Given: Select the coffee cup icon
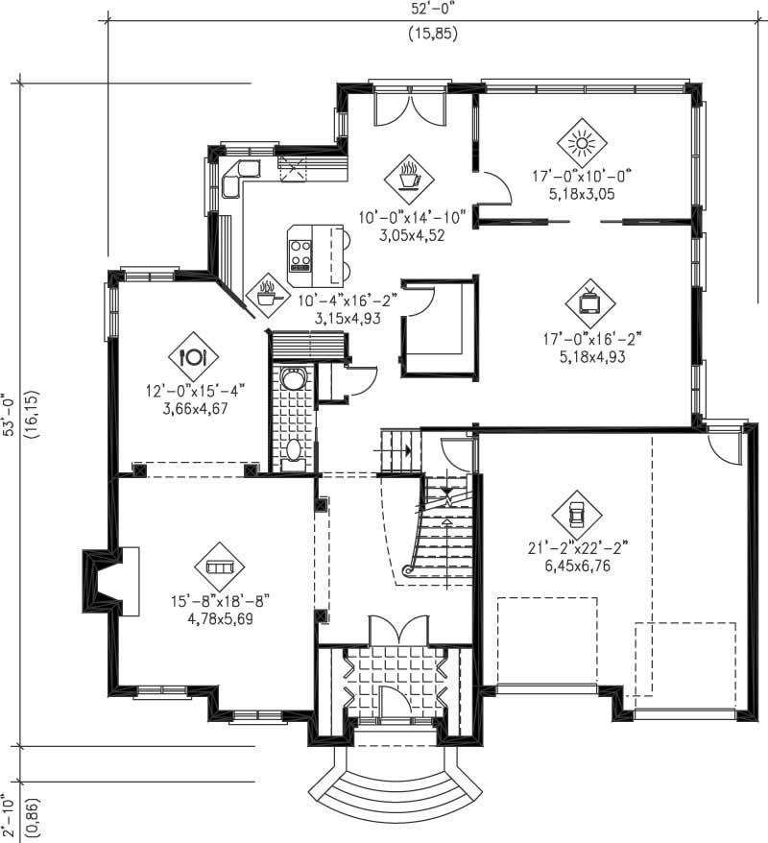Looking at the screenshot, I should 408,177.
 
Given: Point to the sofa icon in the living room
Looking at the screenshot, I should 219,568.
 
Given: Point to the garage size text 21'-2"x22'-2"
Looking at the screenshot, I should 577,549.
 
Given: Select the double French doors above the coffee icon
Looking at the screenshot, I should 406,108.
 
